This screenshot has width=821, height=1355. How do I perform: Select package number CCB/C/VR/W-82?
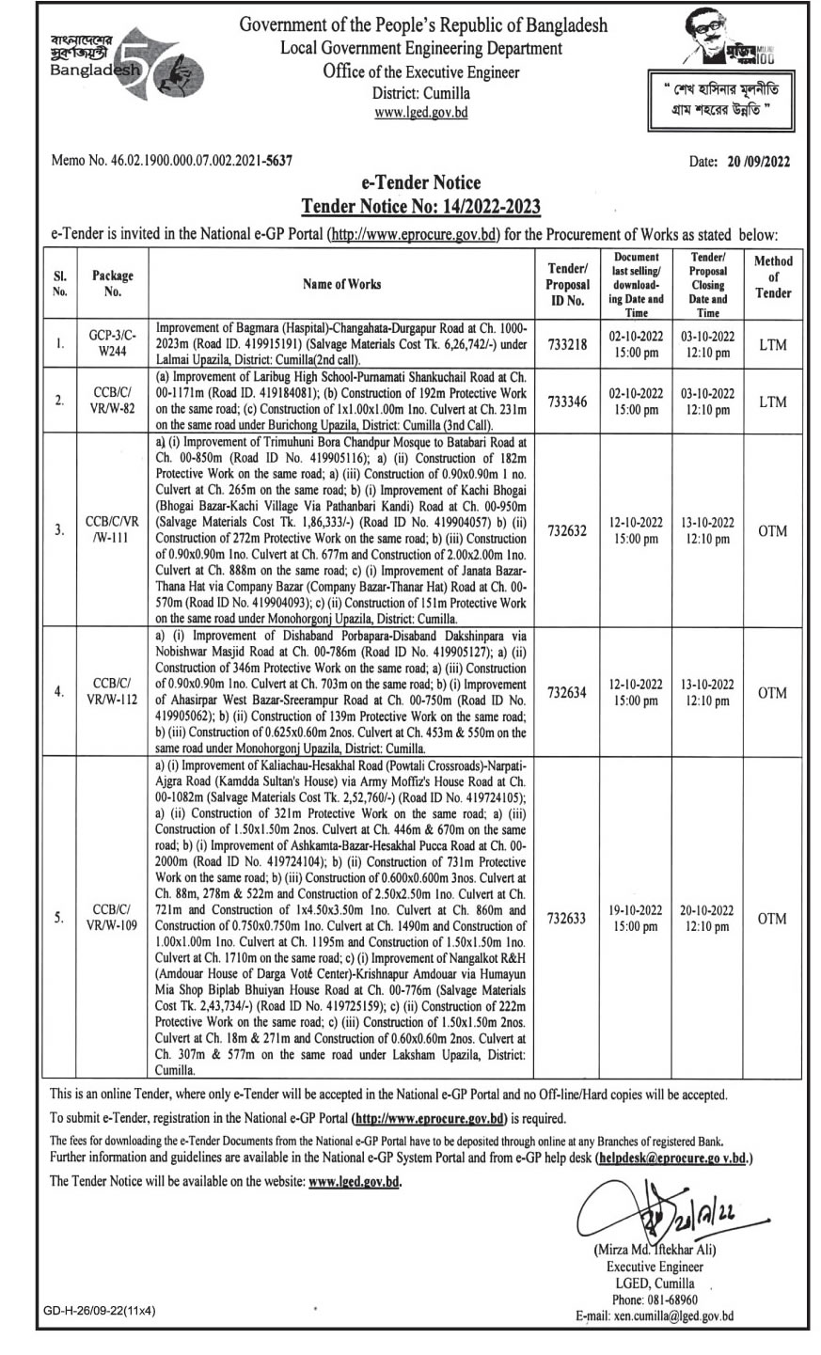[x=113, y=400]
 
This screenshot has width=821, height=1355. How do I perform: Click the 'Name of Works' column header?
[x=342, y=283]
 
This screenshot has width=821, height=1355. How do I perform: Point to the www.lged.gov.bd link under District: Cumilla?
[x=420, y=113]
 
